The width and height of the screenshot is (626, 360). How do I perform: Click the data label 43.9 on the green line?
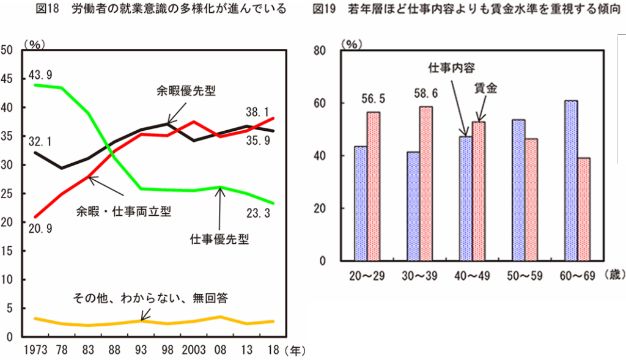click(40, 75)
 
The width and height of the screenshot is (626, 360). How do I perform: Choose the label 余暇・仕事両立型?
click(123, 211)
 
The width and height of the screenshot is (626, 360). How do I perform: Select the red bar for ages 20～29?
click(373, 186)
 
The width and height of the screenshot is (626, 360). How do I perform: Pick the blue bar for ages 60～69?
click(570, 181)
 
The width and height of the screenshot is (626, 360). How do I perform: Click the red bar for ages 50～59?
click(532, 200)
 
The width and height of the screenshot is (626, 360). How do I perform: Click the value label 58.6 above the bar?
click(426, 95)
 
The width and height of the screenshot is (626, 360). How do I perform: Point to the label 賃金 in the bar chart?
click(486, 88)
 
